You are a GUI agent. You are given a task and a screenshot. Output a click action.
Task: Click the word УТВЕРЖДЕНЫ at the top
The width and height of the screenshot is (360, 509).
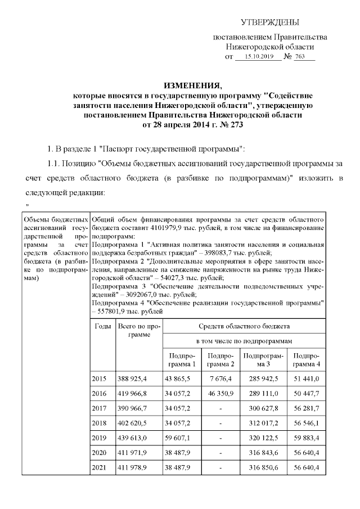point(270,22)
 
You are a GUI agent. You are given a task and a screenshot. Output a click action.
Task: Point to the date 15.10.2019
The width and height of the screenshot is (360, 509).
point(256,57)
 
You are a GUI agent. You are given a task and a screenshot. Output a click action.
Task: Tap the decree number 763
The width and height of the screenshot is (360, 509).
point(306,57)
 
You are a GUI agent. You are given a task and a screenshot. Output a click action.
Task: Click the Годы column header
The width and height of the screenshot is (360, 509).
point(103,326)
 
